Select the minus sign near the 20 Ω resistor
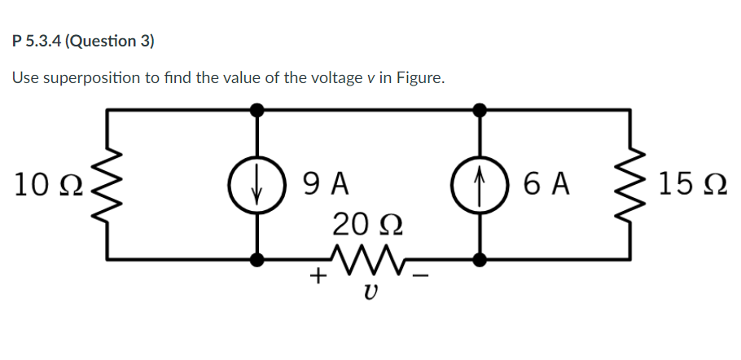[420, 277]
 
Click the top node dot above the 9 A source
[258, 109]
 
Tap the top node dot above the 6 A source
[480, 109]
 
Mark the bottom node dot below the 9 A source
[258, 260]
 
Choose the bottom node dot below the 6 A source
[480, 260]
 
